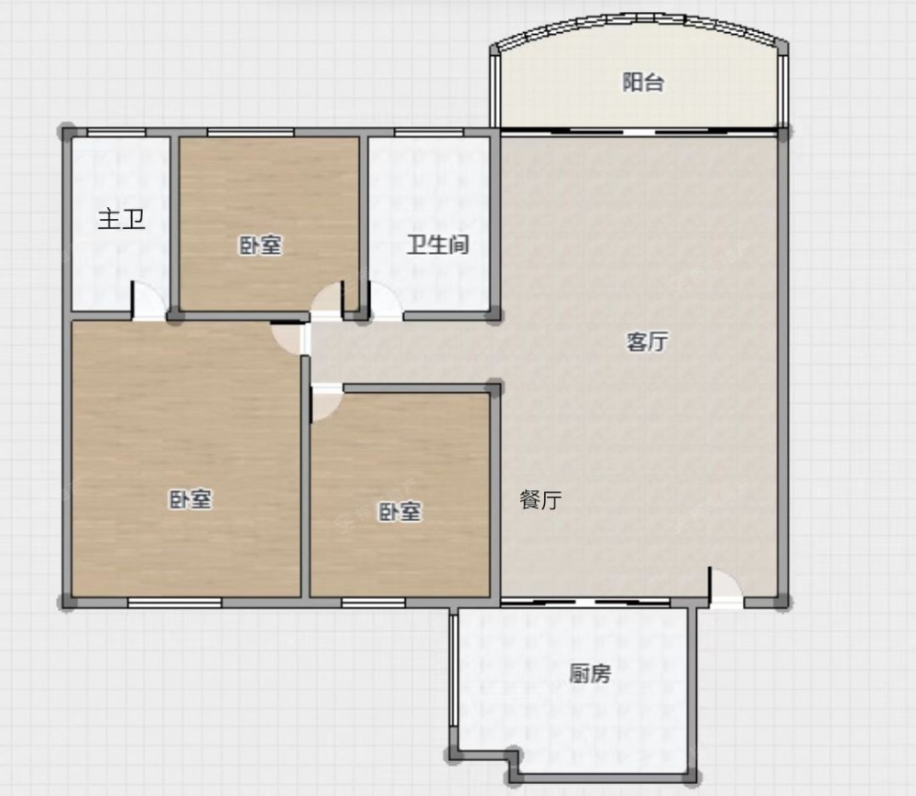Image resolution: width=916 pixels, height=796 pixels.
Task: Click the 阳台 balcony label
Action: [643, 82]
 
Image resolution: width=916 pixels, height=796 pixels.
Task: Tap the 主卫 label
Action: [121, 220]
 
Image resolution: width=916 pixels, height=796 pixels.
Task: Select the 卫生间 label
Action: [438, 245]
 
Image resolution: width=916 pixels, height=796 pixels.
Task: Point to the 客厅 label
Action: [647, 342]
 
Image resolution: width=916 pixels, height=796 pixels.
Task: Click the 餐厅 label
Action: [540, 500]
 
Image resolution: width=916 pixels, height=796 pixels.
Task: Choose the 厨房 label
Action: [590, 674]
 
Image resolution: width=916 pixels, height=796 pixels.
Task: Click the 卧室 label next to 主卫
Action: [260, 245]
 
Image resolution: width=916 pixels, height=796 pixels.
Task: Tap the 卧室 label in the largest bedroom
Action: [191, 499]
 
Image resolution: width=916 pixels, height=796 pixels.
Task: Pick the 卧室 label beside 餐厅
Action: [399, 512]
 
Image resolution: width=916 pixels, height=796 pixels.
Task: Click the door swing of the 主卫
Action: [148, 301]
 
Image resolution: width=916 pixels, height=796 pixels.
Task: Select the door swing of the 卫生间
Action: [386, 301]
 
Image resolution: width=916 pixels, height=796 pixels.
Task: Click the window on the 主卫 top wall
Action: [116, 133]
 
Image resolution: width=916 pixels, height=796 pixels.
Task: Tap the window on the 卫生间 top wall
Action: [429, 133]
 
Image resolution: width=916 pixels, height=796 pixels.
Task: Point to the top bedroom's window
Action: [251, 133]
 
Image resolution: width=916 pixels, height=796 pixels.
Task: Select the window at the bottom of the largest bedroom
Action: [175, 603]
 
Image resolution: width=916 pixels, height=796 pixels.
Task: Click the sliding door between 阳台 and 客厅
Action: [639, 131]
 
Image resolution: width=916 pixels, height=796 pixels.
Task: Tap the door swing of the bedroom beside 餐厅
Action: [327, 403]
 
